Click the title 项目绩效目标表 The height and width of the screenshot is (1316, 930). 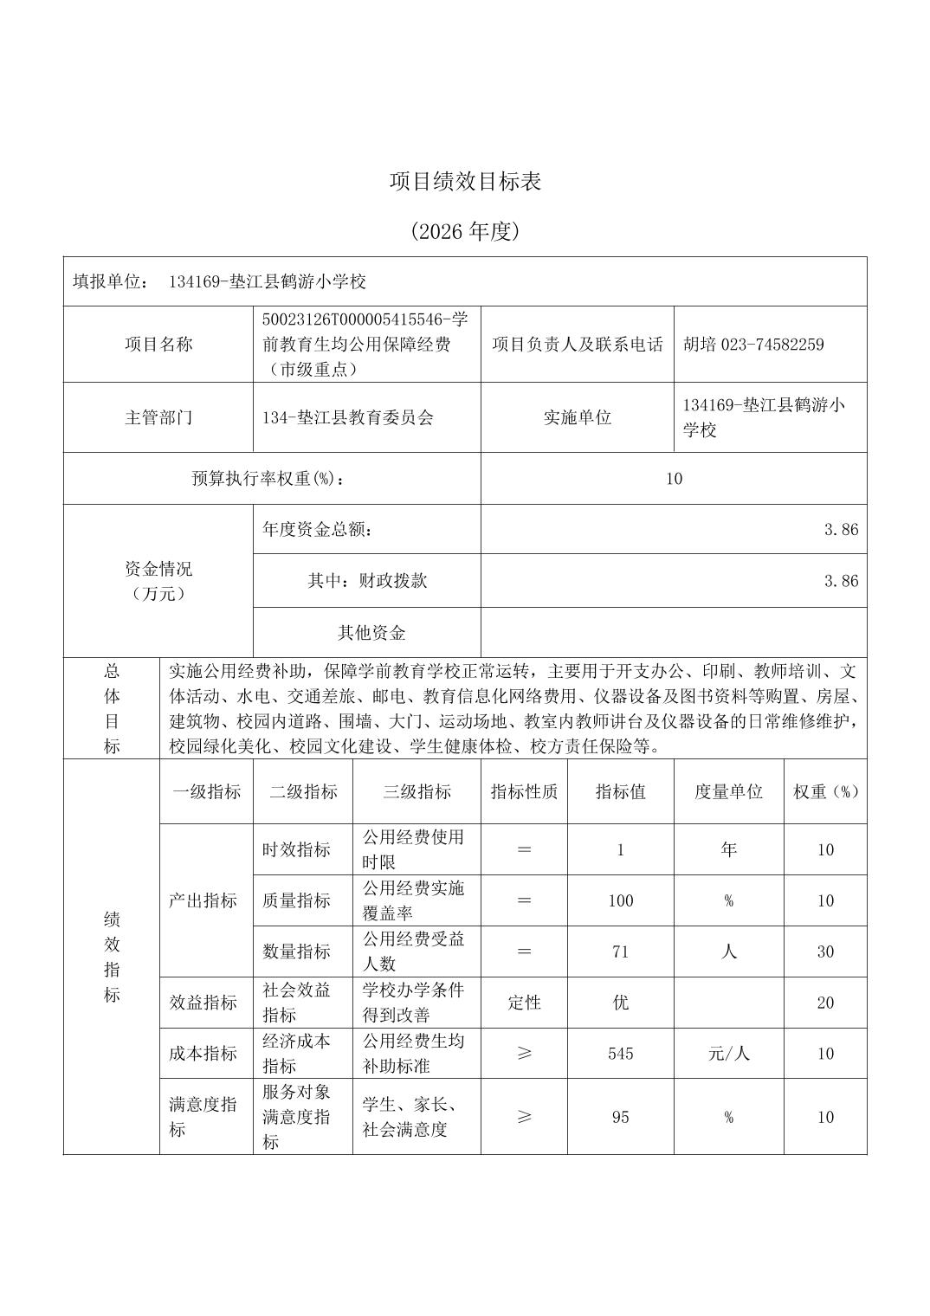[x=465, y=182]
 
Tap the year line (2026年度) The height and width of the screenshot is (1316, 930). [x=465, y=231]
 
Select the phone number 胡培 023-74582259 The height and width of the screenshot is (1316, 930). [x=753, y=345]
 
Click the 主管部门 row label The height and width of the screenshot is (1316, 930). [x=158, y=417]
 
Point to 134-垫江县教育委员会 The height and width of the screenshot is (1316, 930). [x=347, y=417]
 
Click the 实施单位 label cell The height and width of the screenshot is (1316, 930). [x=577, y=417]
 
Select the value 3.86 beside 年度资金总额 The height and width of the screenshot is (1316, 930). [x=841, y=530]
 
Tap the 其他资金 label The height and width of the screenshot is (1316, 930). [x=371, y=633]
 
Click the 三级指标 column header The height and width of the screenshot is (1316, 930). [x=417, y=791]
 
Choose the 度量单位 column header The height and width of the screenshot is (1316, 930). [x=728, y=791]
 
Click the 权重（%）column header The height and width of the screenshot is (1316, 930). [x=825, y=791]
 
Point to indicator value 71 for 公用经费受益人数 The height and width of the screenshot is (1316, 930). [x=620, y=952]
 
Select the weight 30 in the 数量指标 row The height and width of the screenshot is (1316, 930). [x=825, y=952]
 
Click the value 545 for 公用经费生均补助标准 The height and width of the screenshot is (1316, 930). [x=620, y=1054]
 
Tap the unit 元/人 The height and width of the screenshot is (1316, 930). [x=728, y=1054]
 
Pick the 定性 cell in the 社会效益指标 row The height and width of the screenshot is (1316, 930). [x=524, y=1003]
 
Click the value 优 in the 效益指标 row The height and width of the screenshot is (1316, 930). [x=620, y=1003]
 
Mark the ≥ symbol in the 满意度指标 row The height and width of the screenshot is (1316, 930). [x=524, y=1117]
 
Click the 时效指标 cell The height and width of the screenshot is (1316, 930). [x=296, y=849]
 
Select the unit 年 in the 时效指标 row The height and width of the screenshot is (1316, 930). [x=728, y=849]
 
